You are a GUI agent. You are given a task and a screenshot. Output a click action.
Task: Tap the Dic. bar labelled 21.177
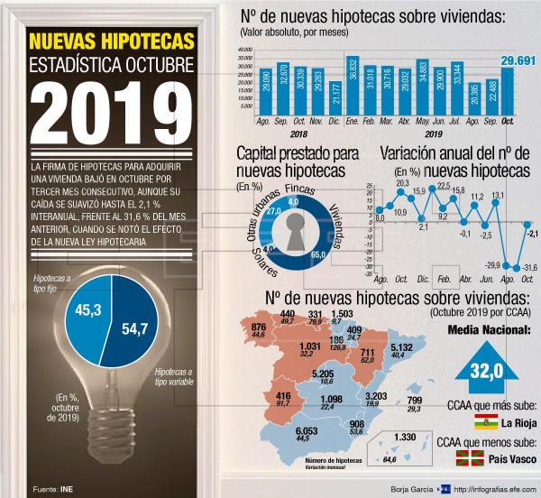tap(335, 96)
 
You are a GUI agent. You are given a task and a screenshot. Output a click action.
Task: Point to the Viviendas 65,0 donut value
tap(317, 256)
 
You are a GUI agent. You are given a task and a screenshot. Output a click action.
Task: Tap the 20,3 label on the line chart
tap(401, 184)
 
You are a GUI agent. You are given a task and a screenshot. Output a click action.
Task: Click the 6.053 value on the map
tap(306, 431)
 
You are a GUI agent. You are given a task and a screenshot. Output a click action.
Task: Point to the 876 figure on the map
tap(259, 327)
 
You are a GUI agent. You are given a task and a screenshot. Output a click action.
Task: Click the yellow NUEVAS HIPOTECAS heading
tap(110, 42)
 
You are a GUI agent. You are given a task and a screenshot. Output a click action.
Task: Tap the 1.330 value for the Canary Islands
tap(405, 438)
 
